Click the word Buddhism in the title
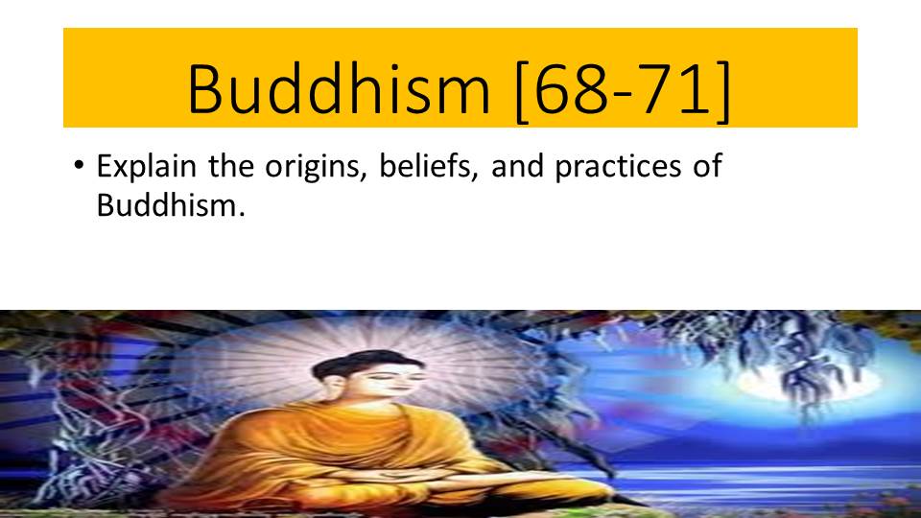point(339,88)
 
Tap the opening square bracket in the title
point(522,91)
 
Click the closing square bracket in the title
point(723,91)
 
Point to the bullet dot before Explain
point(80,166)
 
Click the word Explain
point(146,166)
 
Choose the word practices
point(618,167)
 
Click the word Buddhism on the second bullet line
point(166,205)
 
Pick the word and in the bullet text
point(517,166)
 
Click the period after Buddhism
point(241,215)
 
